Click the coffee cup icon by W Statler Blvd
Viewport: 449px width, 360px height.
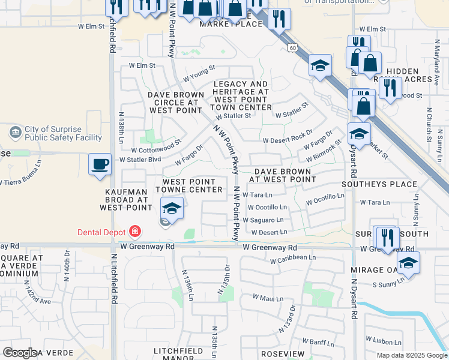(x=100, y=164)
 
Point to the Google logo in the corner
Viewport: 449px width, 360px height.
(x=19, y=353)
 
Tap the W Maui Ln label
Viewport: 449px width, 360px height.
(x=268, y=298)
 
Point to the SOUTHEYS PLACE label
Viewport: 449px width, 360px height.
(x=379, y=184)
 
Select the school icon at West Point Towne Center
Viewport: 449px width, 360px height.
(x=172, y=209)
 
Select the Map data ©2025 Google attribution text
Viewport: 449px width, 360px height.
(x=411, y=355)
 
